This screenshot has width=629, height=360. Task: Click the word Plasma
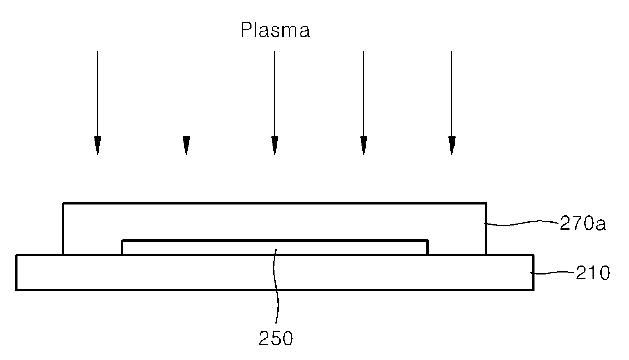pyautogui.click(x=275, y=30)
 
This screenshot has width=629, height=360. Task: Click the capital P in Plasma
pyautogui.click(x=246, y=30)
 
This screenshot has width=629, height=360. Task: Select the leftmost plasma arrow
pyautogui.click(x=97, y=103)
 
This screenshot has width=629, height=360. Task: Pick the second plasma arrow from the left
pyautogui.click(x=186, y=103)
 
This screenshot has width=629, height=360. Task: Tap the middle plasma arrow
pyautogui.click(x=274, y=103)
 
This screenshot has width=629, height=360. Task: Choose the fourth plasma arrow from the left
pyautogui.click(x=363, y=103)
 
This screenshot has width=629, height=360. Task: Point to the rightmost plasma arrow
pyautogui.click(x=452, y=103)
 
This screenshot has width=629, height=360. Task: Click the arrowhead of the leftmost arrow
pyautogui.click(x=98, y=146)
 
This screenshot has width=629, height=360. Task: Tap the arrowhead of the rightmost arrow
pyautogui.click(x=452, y=146)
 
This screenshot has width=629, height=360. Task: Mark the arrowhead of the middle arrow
pyautogui.click(x=275, y=146)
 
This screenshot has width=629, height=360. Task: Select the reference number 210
pyautogui.click(x=592, y=273)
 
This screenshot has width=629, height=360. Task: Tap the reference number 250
pyautogui.click(x=275, y=338)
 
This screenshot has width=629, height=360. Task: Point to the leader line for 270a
pyautogui.click(x=522, y=223)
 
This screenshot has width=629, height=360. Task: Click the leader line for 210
pyautogui.click(x=552, y=273)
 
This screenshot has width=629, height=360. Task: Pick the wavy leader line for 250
pyautogui.click(x=276, y=286)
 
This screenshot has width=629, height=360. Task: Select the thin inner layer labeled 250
pyautogui.click(x=274, y=247)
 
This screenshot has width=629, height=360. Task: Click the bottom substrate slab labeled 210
pyautogui.click(x=274, y=272)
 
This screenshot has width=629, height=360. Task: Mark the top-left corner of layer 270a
pyautogui.click(x=63, y=203)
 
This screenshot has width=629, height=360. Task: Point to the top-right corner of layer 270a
pyautogui.click(x=486, y=203)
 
